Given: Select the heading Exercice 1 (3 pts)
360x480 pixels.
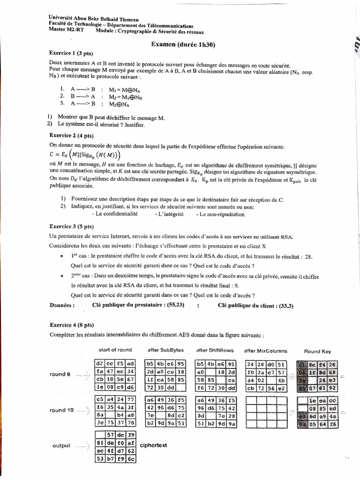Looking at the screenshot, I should (68, 53).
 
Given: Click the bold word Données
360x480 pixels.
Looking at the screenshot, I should (61, 305).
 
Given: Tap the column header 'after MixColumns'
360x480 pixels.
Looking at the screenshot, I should (266, 351).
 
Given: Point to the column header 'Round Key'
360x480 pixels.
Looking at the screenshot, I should (317, 351).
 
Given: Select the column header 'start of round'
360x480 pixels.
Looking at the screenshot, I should (115, 350).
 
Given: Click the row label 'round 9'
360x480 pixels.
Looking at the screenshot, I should (61, 374).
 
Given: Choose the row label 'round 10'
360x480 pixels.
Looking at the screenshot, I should (62, 410).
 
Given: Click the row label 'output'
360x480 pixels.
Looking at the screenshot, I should (62, 446).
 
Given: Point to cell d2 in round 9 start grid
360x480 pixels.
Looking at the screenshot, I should (99, 363).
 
